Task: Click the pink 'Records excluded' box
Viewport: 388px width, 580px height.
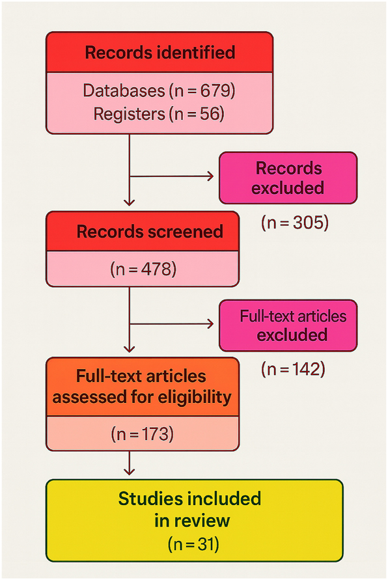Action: click(x=288, y=178)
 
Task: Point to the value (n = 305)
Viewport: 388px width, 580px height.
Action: click(x=295, y=222)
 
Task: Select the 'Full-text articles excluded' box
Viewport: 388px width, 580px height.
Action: click(x=288, y=325)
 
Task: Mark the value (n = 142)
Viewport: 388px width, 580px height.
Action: click(x=293, y=369)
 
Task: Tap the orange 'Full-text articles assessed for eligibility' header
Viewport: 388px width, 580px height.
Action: click(x=142, y=386)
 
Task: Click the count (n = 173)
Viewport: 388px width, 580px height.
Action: click(x=142, y=433)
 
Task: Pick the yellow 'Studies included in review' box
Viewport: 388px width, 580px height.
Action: click(x=193, y=519)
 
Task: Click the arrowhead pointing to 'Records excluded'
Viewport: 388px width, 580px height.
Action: click(x=211, y=176)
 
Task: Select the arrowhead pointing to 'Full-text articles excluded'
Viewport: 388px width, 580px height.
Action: click(x=211, y=324)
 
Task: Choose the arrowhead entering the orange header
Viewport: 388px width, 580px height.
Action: click(x=130, y=352)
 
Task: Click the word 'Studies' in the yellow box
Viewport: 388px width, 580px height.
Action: click(x=150, y=499)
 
